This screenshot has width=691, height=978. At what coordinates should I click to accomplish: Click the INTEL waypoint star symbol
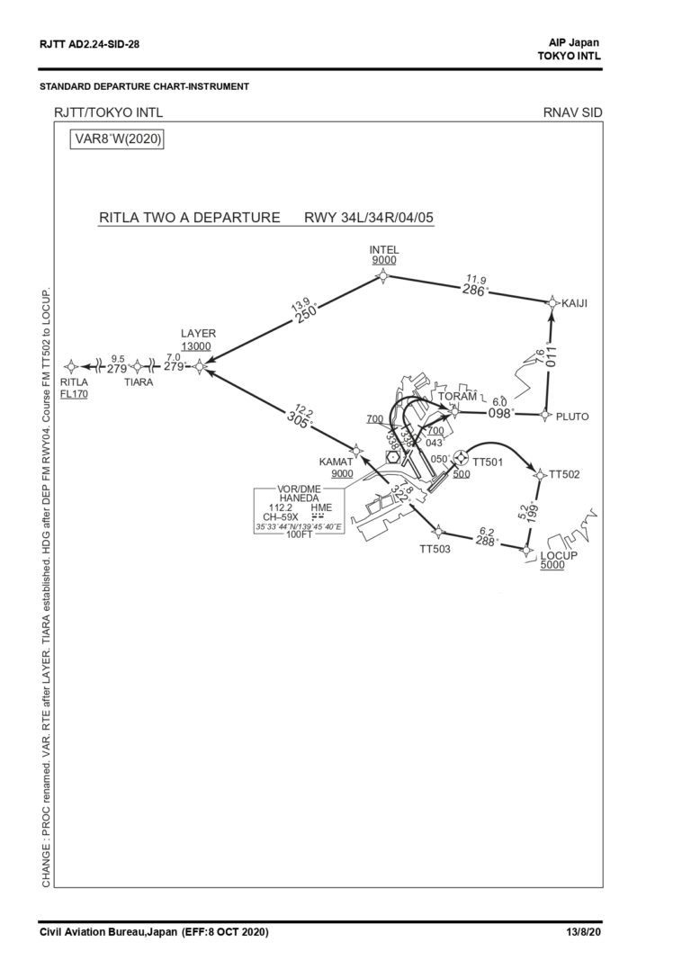[384, 276]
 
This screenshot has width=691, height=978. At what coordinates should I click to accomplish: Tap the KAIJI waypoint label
[574, 303]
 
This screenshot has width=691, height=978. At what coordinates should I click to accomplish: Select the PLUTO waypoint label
[572, 417]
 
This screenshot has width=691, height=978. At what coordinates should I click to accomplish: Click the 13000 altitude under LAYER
[196, 346]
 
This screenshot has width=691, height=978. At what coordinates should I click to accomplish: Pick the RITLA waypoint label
[73, 381]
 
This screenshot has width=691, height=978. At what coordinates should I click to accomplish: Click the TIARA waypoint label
[139, 381]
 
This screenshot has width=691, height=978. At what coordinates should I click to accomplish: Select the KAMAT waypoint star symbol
[355, 449]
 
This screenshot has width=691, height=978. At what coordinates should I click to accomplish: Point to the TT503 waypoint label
[435, 548]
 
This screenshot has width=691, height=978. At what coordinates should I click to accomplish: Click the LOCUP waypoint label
[559, 555]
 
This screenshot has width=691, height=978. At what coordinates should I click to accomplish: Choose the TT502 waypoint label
[564, 473]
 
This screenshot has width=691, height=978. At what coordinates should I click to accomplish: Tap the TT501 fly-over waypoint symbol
[461, 458]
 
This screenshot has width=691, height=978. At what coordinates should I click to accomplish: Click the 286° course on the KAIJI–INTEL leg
[474, 291]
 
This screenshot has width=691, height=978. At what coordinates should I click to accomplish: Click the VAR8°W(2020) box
[118, 139]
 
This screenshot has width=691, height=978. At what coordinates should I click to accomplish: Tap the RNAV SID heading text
[572, 112]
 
